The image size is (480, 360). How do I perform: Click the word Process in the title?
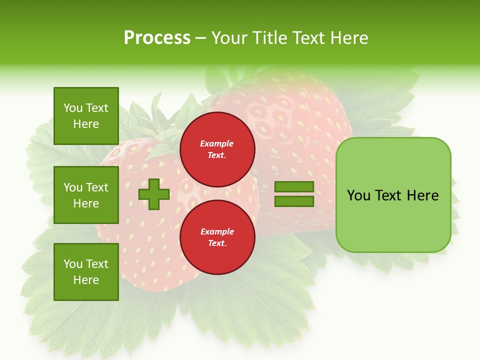[157, 37]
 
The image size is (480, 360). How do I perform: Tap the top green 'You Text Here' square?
[86, 116]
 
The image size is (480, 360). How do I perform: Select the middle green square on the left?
[86, 195]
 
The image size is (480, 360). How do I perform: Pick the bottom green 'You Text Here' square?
[86, 272]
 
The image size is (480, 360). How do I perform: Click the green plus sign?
[154, 194]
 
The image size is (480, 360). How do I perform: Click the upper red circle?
[217, 149]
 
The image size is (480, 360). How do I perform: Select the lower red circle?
[217, 237]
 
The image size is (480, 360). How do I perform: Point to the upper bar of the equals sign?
[294, 187]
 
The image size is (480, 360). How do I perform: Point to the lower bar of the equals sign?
[294, 201]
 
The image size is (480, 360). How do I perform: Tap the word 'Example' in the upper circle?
[217, 143]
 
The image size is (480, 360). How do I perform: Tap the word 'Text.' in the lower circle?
[217, 243]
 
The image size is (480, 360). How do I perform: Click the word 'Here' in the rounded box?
[422, 195]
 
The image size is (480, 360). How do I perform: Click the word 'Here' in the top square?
[86, 124]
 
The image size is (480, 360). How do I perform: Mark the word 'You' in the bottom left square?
[73, 263]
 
